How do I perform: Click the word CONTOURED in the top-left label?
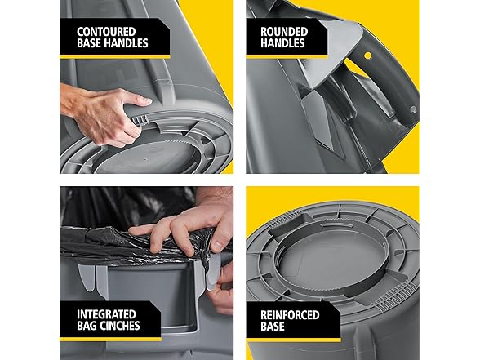(106, 32)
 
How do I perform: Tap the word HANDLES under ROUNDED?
(282, 43)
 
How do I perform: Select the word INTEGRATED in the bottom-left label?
(106, 314)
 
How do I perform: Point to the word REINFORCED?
(290, 315)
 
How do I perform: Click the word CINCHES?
(121, 326)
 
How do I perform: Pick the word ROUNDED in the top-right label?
(284, 32)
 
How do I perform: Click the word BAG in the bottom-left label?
(87, 326)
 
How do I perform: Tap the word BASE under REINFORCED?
(273, 327)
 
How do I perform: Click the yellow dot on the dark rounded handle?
(367, 56)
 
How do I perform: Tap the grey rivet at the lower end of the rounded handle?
(413, 109)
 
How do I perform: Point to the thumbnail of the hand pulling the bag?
(218, 246)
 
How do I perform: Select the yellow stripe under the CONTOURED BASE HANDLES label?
(115, 56)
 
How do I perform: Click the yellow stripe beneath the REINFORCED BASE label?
(293, 340)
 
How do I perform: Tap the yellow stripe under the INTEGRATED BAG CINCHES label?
(110, 340)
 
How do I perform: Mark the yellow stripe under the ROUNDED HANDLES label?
(287, 56)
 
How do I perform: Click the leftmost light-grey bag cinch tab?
(87, 277)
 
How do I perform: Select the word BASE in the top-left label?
(89, 43)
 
